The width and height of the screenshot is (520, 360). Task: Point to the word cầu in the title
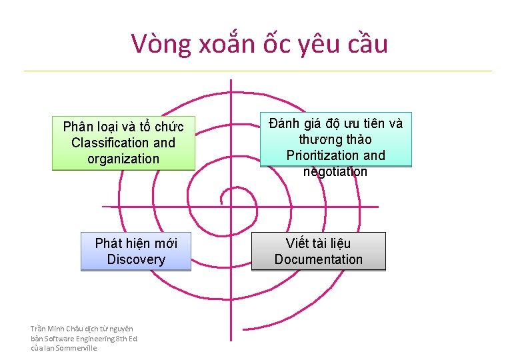pyautogui.click(x=367, y=44)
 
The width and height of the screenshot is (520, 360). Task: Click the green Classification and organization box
pyautogui.click(x=123, y=143)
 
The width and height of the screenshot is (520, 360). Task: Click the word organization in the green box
pyautogui.click(x=123, y=159)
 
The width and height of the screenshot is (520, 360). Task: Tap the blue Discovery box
pyautogui.click(x=135, y=251)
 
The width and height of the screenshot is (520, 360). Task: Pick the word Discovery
pyautogui.click(x=135, y=259)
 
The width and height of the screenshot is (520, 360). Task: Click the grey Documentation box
pyautogui.click(x=318, y=251)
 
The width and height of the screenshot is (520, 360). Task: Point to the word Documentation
pyautogui.click(x=318, y=259)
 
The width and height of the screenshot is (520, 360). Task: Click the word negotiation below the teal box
pyautogui.click(x=335, y=172)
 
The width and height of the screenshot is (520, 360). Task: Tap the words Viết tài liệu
pyautogui.click(x=318, y=243)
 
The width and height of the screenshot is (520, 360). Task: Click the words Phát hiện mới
pyautogui.click(x=135, y=243)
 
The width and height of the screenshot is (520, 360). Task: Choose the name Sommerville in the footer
pyautogui.click(x=77, y=348)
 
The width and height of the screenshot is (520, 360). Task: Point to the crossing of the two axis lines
pyautogui.click(x=231, y=205)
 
